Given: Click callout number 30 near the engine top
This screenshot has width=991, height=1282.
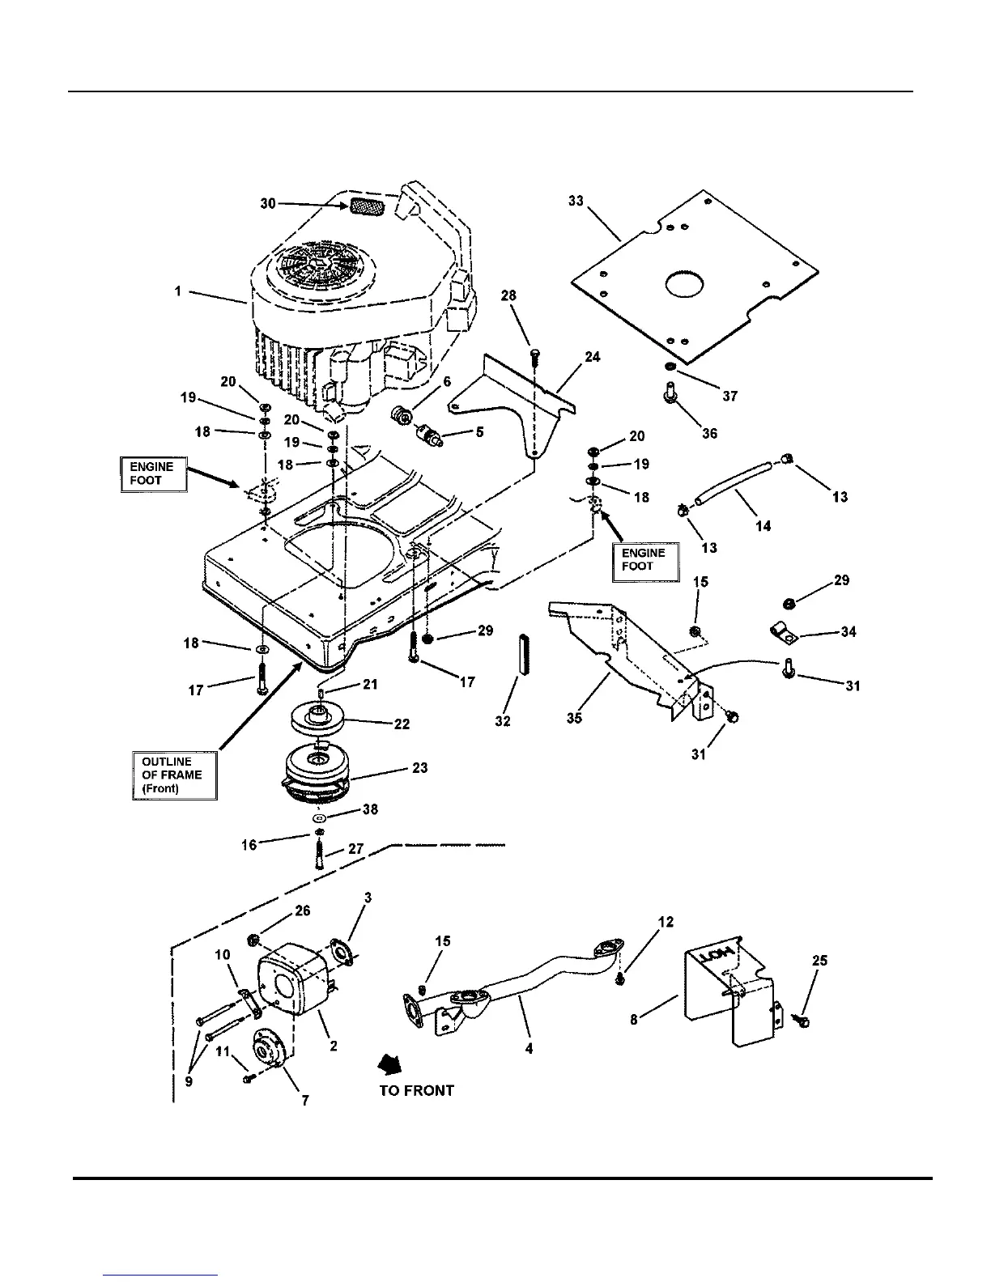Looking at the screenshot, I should point(268,203).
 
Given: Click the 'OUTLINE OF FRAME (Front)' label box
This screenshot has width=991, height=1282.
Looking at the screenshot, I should point(174,775).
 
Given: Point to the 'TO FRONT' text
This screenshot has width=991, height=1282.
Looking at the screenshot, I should point(416,1090).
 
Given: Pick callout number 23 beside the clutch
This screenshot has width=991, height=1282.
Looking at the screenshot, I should point(419,767).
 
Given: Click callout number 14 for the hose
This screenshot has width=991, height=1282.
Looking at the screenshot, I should point(763,525).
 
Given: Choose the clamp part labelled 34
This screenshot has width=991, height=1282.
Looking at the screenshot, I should point(783,632).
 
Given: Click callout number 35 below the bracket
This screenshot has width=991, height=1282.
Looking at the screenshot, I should point(574,718).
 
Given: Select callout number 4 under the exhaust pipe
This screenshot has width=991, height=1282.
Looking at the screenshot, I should point(529,1048).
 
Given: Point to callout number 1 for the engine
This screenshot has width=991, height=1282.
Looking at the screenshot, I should point(178,291).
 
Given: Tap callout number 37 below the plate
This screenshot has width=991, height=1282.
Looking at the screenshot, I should point(730,396).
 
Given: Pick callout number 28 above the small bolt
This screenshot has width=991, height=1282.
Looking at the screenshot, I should point(508,295).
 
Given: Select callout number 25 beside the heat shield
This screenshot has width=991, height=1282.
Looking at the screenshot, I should point(819,961).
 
